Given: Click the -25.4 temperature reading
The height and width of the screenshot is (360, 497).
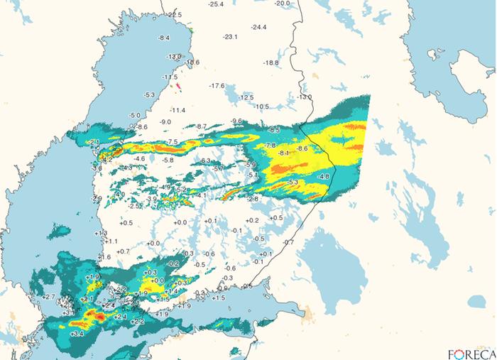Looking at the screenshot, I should coord(217,4).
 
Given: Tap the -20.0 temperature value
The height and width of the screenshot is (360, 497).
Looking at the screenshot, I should coord(283,4).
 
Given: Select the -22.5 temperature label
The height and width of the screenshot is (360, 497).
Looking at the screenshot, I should coord(175,15).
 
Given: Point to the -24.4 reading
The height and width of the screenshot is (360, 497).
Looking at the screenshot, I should coord(258,28).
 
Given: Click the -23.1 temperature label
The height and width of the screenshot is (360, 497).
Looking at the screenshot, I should coord(230,37).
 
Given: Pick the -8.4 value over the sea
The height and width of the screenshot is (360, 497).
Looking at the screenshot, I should coord(164,38).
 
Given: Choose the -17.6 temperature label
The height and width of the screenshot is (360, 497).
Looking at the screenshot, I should coord(217,86).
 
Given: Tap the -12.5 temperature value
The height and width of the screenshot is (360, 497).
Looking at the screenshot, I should coord(246,97).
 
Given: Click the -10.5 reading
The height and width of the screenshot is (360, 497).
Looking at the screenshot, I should coord(262,107).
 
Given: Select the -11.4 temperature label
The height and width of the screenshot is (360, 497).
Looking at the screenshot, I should coord(177,111).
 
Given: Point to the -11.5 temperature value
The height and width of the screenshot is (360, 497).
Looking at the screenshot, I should coord(170,77).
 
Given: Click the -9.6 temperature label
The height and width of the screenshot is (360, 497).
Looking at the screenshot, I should coord(237,121).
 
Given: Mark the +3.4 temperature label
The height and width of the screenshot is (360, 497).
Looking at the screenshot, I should coord(77,334).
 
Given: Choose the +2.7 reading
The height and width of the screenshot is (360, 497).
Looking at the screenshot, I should coord(49,296).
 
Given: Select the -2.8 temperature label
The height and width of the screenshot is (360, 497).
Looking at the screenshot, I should coord(252,200).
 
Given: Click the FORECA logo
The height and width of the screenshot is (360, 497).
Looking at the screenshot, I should coord(471,353).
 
